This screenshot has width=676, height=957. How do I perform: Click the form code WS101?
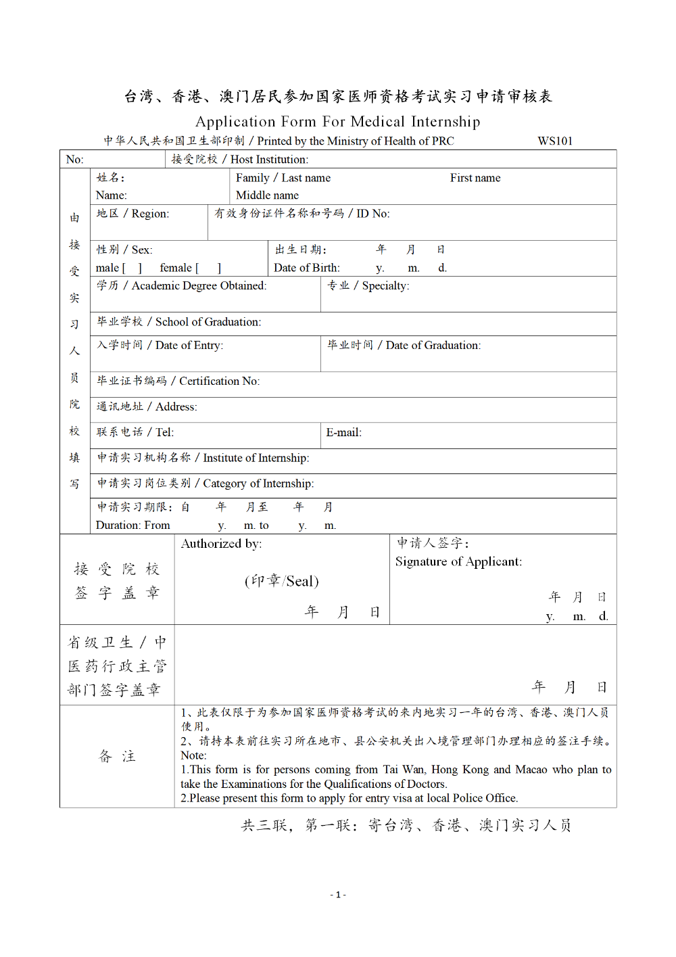point(555,141)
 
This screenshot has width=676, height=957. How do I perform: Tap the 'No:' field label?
point(74,160)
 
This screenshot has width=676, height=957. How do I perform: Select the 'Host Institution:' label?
point(269,160)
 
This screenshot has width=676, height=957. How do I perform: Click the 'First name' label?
point(475,178)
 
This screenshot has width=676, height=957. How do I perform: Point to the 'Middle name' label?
point(267,195)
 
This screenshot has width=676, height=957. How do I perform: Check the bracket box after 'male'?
point(132,269)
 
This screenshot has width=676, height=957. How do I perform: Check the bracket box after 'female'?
point(209,269)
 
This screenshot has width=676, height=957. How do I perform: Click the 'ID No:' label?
point(372,214)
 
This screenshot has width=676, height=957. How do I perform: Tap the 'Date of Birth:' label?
point(306,268)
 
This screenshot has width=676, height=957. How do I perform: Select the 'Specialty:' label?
point(385,286)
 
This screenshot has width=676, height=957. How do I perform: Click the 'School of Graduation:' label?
point(208,322)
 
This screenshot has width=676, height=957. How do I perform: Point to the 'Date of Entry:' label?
point(189,346)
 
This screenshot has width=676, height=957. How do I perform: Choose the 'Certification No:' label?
point(219,381)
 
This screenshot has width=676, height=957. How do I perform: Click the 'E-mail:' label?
point(343,433)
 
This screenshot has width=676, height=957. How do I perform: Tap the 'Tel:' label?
point(164,433)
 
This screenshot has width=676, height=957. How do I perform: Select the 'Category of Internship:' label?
point(258,484)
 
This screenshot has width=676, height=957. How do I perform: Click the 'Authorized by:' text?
point(221,544)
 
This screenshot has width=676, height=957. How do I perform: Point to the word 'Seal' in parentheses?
point(300,581)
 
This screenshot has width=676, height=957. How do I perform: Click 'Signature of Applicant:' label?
point(458,562)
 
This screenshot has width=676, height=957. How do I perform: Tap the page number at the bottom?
point(338,895)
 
